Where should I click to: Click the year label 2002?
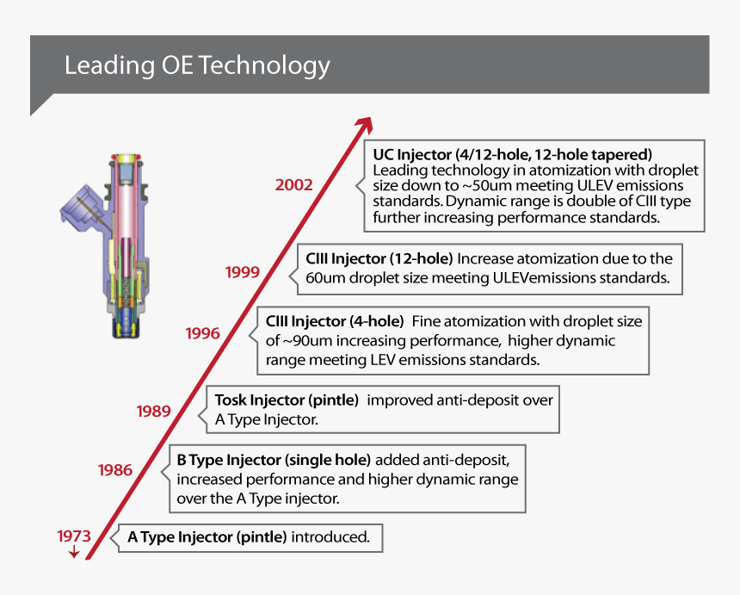293,185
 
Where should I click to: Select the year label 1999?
243,272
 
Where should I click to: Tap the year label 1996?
203,333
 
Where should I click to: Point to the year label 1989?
153,412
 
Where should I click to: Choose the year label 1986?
115,470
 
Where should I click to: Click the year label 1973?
74,535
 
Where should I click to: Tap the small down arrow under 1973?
74,552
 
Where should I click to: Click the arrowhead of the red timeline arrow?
365,126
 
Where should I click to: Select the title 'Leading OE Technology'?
197,65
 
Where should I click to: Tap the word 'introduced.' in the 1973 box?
330,538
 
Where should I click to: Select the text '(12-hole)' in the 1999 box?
421,258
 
